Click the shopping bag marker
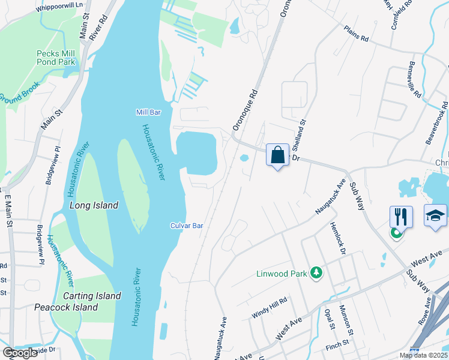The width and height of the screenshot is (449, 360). [x=277, y=155]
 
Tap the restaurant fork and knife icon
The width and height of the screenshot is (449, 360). [x=401, y=217]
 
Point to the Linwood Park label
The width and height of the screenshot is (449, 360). [x=282, y=274]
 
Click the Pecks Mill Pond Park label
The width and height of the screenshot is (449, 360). [x=55, y=57]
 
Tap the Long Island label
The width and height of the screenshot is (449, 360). [x=94, y=205]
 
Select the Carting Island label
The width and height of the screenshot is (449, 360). [x=92, y=296]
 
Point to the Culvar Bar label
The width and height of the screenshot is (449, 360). [x=186, y=226]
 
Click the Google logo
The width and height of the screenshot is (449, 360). [x=20, y=353]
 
